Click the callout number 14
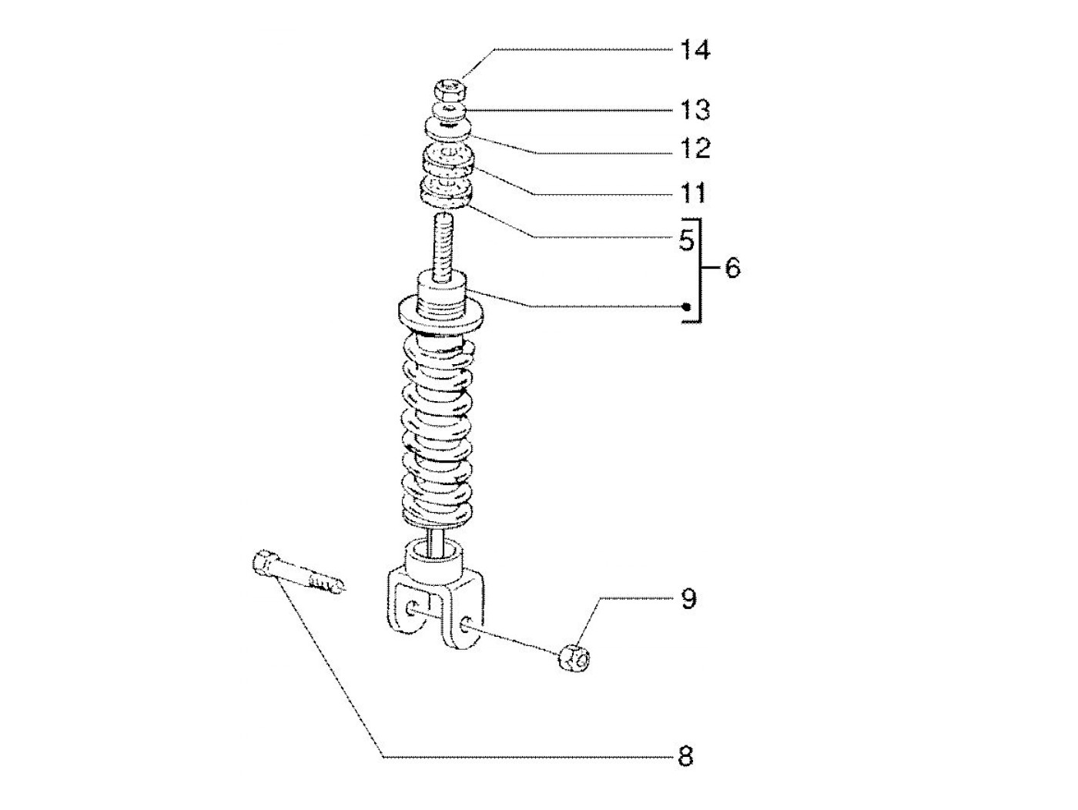(695, 51)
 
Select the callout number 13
(695, 110)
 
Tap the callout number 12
(695, 148)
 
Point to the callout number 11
(693, 192)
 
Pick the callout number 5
(687, 239)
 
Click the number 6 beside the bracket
(732, 268)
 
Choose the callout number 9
(688, 599)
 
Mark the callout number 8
(685, 757)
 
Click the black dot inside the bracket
(687, 307)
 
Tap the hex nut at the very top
(450, 89)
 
